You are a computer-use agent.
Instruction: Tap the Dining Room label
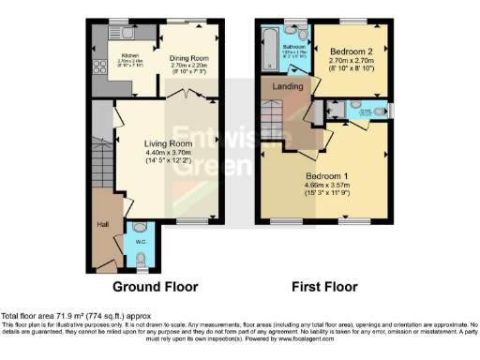tap(188, 58)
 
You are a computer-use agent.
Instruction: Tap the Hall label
tap(102, 225)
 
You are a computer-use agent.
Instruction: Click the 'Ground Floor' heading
tap(154, 286)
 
